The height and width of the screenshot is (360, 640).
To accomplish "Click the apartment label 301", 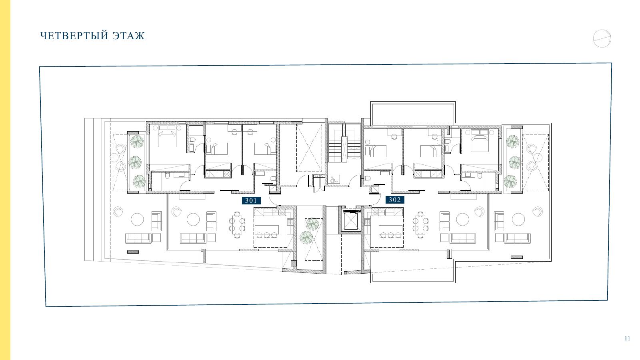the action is pos(251,200).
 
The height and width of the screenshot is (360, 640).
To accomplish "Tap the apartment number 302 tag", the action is pos(395,200).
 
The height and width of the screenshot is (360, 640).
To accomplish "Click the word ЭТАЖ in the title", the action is pos(128,36).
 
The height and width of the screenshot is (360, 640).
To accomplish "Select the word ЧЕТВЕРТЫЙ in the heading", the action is pos(74,36).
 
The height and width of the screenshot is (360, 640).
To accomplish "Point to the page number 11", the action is pos(627,338).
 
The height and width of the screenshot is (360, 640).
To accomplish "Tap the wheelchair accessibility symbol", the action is pos(333,180).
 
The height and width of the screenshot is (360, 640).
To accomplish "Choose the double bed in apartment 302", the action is pos(480,140).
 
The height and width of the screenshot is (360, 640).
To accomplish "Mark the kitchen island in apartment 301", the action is pos(266,230).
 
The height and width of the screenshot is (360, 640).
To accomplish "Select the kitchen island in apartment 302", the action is pos(390,230).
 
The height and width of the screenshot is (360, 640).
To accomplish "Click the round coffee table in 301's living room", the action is pos(194,220).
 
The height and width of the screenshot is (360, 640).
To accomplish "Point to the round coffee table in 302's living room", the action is pos(462,220).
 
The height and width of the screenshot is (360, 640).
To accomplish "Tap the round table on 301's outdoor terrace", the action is pos(138,220).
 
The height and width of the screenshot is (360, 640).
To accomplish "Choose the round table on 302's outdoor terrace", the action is pos(518,220).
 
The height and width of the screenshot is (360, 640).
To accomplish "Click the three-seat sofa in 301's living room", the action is pos(193,238).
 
